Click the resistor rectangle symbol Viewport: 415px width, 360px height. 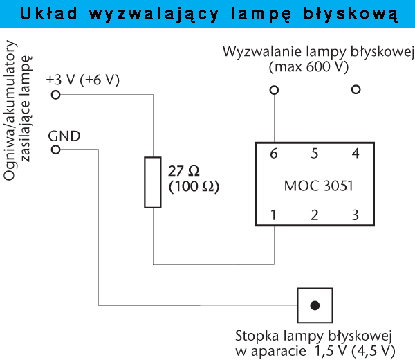tap(153, 182)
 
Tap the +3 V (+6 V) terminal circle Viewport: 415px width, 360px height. tap(55, 96)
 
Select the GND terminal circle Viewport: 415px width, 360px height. tap(55, 150)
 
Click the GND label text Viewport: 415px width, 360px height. tap(64, 134)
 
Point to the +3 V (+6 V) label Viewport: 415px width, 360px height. tap(83, 80)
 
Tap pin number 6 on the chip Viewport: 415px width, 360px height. tap(274, 154)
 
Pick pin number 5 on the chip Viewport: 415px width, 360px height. tap(315, 154)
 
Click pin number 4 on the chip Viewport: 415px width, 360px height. tap(356, 154)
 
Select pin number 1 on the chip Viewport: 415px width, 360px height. tap(274, 215)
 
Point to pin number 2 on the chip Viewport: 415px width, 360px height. tap(315, 215)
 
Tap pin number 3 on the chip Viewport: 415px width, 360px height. tap(356, 215)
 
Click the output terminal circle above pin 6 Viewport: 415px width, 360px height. tap(275, 90)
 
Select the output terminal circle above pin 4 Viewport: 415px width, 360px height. tap(356, 90)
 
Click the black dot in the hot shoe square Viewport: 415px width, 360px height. tap(315, 305)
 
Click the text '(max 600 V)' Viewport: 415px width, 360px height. tap(308, 68)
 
